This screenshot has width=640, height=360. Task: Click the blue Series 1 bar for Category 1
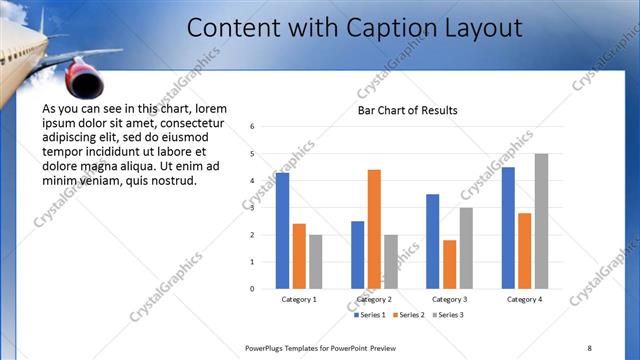282,231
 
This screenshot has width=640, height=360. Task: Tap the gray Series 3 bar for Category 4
541,221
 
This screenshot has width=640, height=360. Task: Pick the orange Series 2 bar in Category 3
450,264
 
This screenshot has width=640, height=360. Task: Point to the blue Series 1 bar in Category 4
508,228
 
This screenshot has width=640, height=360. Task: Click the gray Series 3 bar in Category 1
315,262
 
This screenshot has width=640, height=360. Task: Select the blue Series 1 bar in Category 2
357,255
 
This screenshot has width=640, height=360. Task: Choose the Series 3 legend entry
449,315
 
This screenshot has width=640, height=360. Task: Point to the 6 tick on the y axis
253,127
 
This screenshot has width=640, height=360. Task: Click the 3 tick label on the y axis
253,208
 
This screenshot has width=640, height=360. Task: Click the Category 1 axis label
299,299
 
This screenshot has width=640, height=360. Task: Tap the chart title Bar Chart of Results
408,109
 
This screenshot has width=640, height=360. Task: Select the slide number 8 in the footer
589,347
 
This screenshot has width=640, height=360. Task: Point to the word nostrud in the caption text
171,181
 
